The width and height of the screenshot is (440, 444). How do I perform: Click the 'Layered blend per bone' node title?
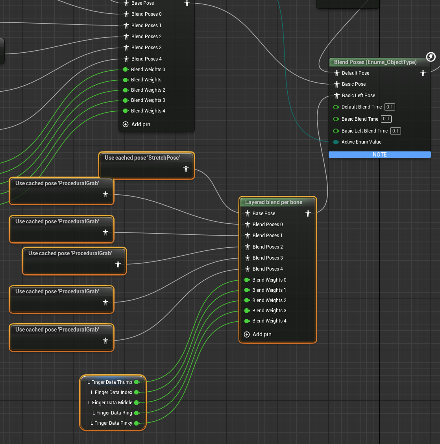coord(274,202)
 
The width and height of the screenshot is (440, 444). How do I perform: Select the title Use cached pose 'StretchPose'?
coord(142,158)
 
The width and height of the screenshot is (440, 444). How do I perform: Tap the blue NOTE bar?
coord(380,154)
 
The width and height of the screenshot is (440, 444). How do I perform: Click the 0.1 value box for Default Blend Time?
coord(390,107)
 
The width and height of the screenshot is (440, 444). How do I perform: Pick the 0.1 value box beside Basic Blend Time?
coord(386,119)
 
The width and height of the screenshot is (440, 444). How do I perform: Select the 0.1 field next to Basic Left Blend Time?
coord(396,131)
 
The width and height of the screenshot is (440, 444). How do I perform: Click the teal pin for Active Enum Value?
coord(336,142)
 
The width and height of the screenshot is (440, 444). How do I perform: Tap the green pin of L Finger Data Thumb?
coord(137,382)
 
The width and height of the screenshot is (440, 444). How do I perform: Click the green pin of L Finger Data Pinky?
coord(137,423)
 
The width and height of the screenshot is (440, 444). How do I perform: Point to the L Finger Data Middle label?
coord(110,403)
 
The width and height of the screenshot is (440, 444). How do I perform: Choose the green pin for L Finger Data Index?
coord(137,392)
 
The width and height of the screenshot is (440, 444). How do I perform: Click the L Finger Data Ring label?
coord(112,413)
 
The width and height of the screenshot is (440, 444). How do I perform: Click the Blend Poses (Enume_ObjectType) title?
coord(375,62)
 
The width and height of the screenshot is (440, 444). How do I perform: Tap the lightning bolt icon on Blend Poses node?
coord(431,57)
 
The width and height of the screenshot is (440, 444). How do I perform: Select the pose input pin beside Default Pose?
coord(336,73)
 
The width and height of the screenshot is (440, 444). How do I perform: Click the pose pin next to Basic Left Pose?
coord(336,96)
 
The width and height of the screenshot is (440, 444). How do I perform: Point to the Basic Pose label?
coord(353,84)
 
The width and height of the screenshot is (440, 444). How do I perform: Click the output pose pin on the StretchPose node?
coord(186,169)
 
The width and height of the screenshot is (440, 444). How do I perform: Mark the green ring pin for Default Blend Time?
coord(336,107)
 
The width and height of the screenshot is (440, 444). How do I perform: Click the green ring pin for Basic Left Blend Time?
coord(336,131)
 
